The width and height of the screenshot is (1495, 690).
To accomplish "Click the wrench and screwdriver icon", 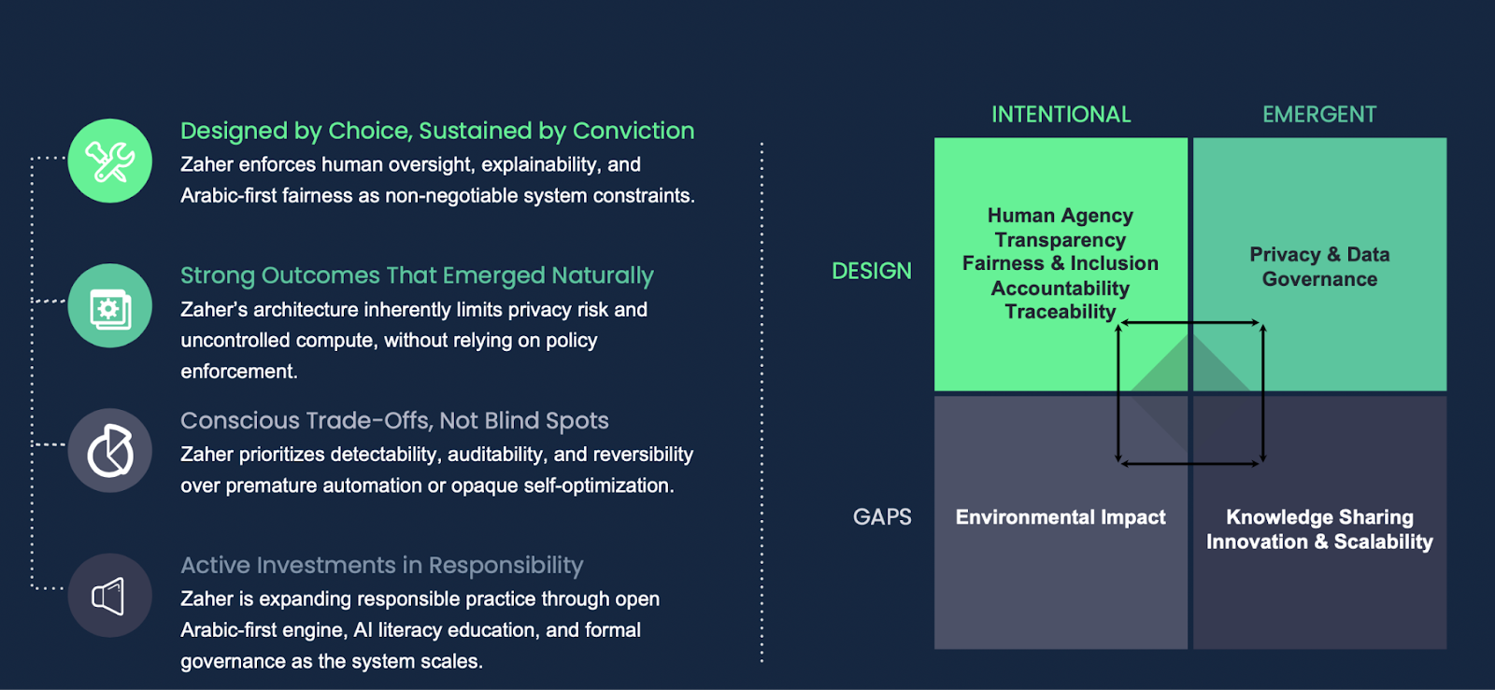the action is coord(110,162).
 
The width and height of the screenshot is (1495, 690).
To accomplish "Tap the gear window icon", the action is coord(111,309).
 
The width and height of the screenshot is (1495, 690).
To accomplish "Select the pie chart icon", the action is coord(110,451).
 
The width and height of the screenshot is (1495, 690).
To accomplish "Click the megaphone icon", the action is coord(108,596).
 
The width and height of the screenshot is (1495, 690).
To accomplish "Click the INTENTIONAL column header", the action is coord(1061,115).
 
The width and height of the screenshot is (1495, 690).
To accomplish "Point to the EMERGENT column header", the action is coord(1319,115).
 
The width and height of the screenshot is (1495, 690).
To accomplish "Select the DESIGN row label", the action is coord(872,272).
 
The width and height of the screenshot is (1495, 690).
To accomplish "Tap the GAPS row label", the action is coord(882,516).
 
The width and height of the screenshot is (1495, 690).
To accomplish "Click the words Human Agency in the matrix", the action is coord(1061,216).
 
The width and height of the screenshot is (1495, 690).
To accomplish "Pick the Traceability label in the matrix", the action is coord(1061,311).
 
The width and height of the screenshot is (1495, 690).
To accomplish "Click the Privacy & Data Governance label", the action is coord(1319,267).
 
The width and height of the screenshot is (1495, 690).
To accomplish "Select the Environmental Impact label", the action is coord(1061,517).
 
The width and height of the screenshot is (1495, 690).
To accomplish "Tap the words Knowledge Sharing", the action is coord(1319,517).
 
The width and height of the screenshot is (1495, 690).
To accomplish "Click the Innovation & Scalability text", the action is coord(1319,542).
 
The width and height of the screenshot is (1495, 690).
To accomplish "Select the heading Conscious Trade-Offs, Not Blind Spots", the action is coord(394,421).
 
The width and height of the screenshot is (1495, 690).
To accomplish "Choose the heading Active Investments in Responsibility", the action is coord(382,565).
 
